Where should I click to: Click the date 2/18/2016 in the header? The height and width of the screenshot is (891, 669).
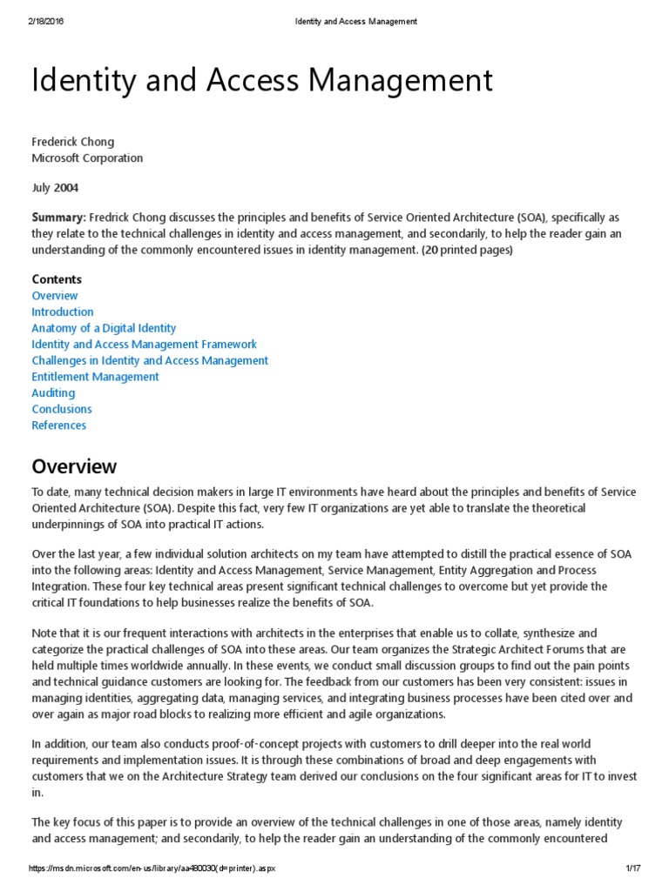point(45,22)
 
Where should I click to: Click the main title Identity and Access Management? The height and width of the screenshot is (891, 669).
point(262,81)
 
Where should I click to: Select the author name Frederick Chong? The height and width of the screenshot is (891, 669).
point(72,142)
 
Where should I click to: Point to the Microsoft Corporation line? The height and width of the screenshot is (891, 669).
point(87,158)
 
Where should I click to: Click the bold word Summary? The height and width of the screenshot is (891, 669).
point(58,217)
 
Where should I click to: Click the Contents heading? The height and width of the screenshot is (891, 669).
point(57,279)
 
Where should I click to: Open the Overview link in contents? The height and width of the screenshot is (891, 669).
point(55,296)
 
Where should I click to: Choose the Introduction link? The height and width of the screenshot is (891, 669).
point(63,312)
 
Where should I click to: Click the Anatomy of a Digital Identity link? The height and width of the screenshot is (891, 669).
point(104,328)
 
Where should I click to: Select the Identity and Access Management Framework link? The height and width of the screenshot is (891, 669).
point(145,345)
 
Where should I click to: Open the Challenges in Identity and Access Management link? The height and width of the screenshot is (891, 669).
point(150,360)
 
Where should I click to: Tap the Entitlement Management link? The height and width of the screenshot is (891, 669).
point(95,377)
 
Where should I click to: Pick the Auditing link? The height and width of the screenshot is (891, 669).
point(53,393)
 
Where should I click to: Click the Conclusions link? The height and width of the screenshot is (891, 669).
point(62,409)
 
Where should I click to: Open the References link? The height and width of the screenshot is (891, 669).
point(59,425)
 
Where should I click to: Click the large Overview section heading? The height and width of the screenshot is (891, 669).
point(74,466)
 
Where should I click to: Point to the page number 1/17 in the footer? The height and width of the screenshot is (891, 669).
point(633,869)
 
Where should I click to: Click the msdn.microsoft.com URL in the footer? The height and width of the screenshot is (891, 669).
point(152,869)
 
